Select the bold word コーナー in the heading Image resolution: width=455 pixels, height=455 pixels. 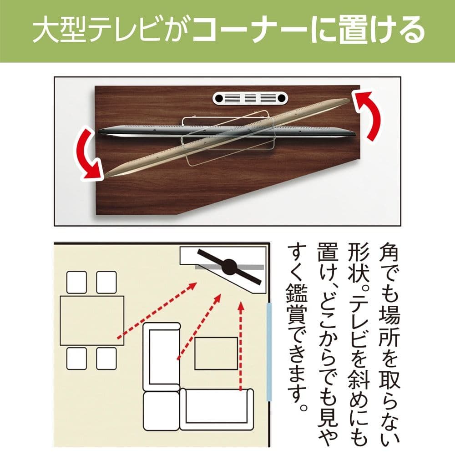pos(255,31)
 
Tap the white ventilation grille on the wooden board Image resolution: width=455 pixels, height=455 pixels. pos(250,98)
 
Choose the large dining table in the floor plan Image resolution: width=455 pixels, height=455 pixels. pos(92,320)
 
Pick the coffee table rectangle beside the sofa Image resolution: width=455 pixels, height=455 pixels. pos(216,353)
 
